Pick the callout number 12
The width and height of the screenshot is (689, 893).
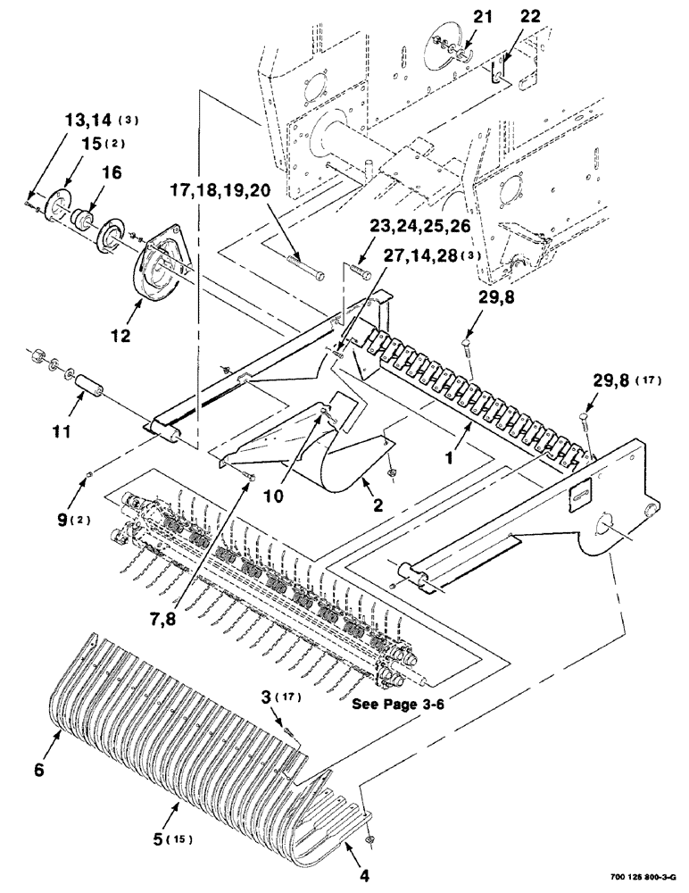(x=120, y=336)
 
